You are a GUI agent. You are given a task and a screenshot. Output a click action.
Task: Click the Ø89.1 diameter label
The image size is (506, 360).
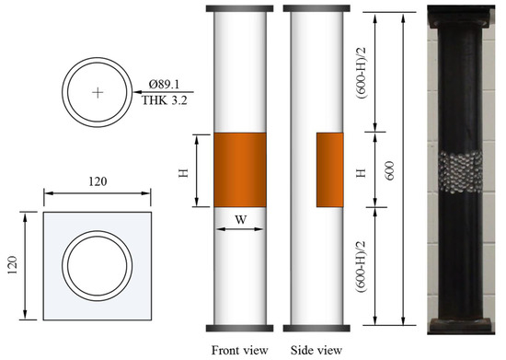(164, 85)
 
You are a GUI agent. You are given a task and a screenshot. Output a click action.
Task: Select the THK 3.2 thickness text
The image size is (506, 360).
(165, 100)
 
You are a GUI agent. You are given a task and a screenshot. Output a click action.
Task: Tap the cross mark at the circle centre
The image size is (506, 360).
(98, 93)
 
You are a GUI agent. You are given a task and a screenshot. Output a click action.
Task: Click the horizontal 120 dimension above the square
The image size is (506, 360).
(98, 181)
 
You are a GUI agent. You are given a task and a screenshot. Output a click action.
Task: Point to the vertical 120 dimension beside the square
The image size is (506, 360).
(12, 265)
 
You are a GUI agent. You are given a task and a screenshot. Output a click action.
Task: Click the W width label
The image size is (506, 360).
(240, 220)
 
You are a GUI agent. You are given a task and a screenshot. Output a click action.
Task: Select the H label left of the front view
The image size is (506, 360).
(184, 173)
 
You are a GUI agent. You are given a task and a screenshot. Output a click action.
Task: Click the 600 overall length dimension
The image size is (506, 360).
(390, 170)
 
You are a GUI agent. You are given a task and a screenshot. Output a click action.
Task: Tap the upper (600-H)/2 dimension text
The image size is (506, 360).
(362, 74)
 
